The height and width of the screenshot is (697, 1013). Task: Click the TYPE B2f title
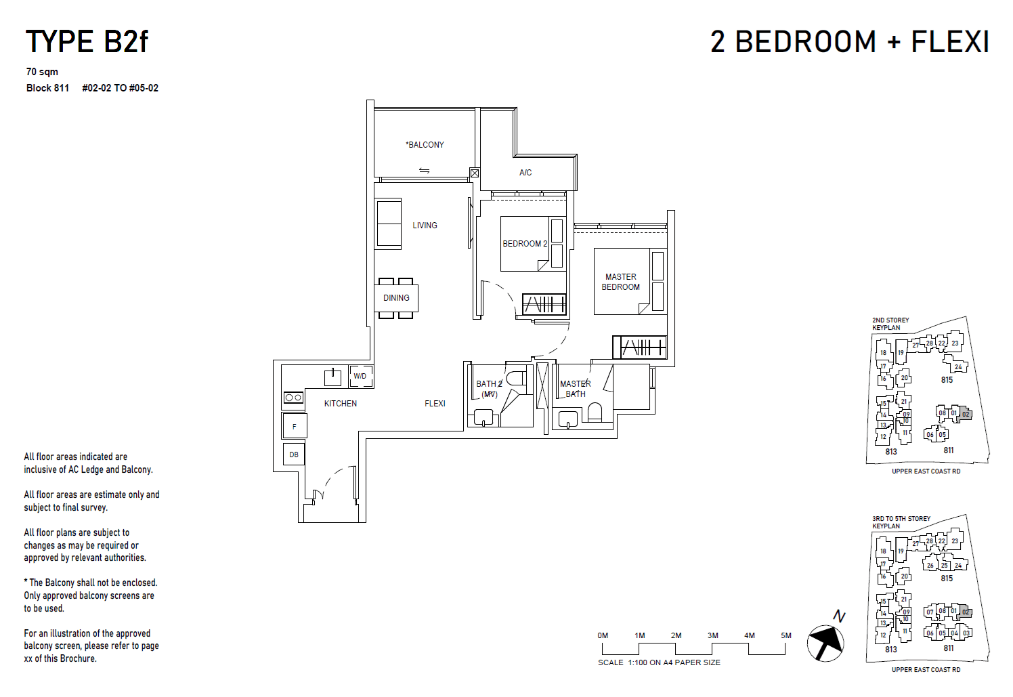87,42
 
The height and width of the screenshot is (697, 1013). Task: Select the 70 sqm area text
42,72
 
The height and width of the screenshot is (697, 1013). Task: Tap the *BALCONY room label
425,145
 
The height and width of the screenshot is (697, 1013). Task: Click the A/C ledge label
525,173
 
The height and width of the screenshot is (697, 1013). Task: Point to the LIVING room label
425,226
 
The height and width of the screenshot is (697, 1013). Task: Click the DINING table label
396,298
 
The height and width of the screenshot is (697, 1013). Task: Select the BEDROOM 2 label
525,244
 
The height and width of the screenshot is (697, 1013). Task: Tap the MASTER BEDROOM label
621,282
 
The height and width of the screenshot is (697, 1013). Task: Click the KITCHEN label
340,404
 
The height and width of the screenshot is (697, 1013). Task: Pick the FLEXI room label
435,404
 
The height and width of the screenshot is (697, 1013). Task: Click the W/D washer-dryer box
360,376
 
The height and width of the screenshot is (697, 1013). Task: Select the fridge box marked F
295,427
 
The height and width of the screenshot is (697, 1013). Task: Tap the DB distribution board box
294,455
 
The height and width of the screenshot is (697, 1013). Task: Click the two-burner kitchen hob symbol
293,398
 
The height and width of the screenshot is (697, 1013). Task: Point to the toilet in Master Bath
595,412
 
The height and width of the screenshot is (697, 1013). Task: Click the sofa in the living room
389,224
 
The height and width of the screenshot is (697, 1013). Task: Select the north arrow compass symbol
825,641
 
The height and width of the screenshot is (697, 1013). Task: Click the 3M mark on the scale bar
712,636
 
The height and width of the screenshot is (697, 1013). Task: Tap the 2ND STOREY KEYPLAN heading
890,324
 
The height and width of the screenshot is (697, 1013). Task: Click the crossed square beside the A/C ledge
475,173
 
